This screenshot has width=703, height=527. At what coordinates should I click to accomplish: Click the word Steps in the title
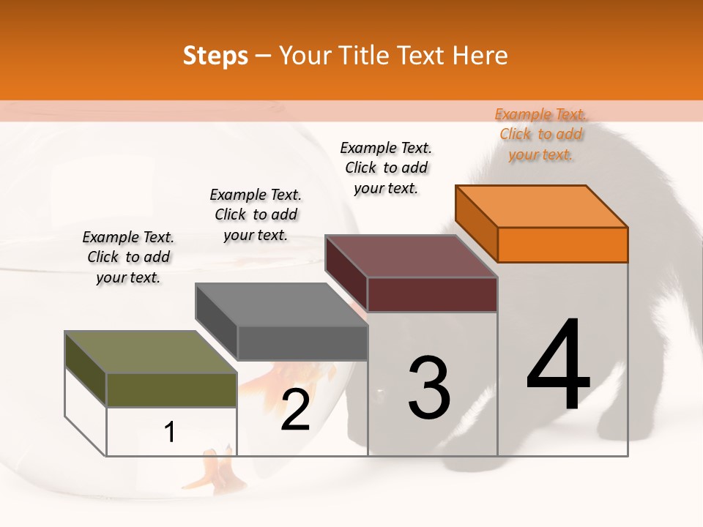(x=215, y=56)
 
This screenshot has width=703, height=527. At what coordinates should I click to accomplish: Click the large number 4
(x=559, y=366)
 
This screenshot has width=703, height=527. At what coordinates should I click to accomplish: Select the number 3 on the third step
(x=429, y=388)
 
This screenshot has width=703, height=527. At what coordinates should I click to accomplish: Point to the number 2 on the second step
(x=295, y=410)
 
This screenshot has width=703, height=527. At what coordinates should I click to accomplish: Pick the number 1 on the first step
(x=170, y=433)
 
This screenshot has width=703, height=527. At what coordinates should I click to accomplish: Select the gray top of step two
(x=282, y=304)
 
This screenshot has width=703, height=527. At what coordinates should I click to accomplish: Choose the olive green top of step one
(x=151, y=352)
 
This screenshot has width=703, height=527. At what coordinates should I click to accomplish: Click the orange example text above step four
(x=540, y=135)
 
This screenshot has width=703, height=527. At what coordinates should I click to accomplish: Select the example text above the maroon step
(x=386, y=168)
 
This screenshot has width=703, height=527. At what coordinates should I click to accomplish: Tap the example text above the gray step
(x=256, y=214)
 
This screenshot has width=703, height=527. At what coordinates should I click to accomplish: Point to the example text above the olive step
(x=128, y=258)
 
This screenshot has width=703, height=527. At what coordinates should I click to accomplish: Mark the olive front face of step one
(x=171, y=390)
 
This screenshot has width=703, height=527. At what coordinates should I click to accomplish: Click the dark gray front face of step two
(x=302, y=343)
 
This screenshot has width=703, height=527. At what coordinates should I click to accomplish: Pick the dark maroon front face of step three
(x=432, y=294)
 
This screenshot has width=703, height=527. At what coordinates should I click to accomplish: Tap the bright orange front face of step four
(x=562, y=244)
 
